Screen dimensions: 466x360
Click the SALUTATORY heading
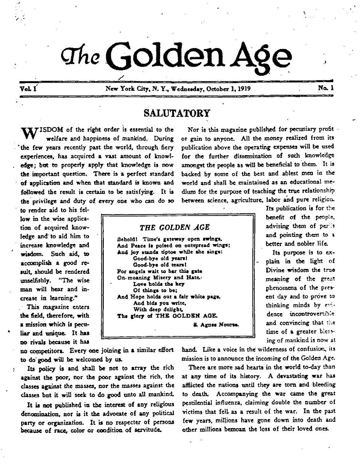click(x=177, y=113)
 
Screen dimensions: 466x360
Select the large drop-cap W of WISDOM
click(x=28, y=133)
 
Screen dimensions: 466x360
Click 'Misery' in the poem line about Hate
click(x=162, y=276)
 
